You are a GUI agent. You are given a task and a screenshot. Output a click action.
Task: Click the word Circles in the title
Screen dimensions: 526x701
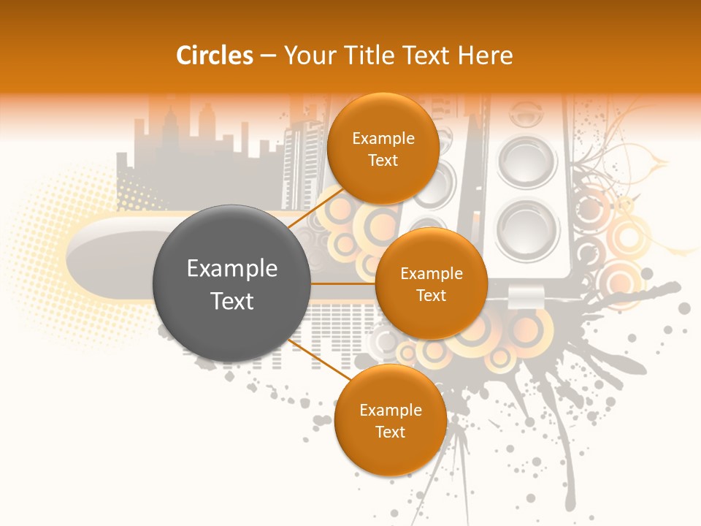pos(214,56)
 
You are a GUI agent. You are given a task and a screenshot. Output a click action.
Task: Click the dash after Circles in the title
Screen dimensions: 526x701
pos(268,56)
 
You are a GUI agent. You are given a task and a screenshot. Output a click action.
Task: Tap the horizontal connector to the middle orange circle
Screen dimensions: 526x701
pos(343,283)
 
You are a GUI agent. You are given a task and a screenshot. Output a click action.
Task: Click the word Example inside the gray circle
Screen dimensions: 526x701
pos(232,269)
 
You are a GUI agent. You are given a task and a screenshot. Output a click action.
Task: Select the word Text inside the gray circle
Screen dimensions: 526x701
pos(232,301)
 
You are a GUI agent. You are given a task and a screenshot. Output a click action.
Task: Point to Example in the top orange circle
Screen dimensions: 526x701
pos(383,139)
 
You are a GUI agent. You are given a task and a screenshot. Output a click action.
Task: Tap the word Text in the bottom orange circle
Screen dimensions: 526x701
pos(390,432)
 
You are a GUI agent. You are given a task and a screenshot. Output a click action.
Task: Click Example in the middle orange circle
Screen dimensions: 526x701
pos(432,274)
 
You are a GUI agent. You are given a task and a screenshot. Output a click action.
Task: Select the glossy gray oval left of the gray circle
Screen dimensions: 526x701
pos(110,252)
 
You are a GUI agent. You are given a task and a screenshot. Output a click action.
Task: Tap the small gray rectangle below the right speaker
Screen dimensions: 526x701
pos(526,296)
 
